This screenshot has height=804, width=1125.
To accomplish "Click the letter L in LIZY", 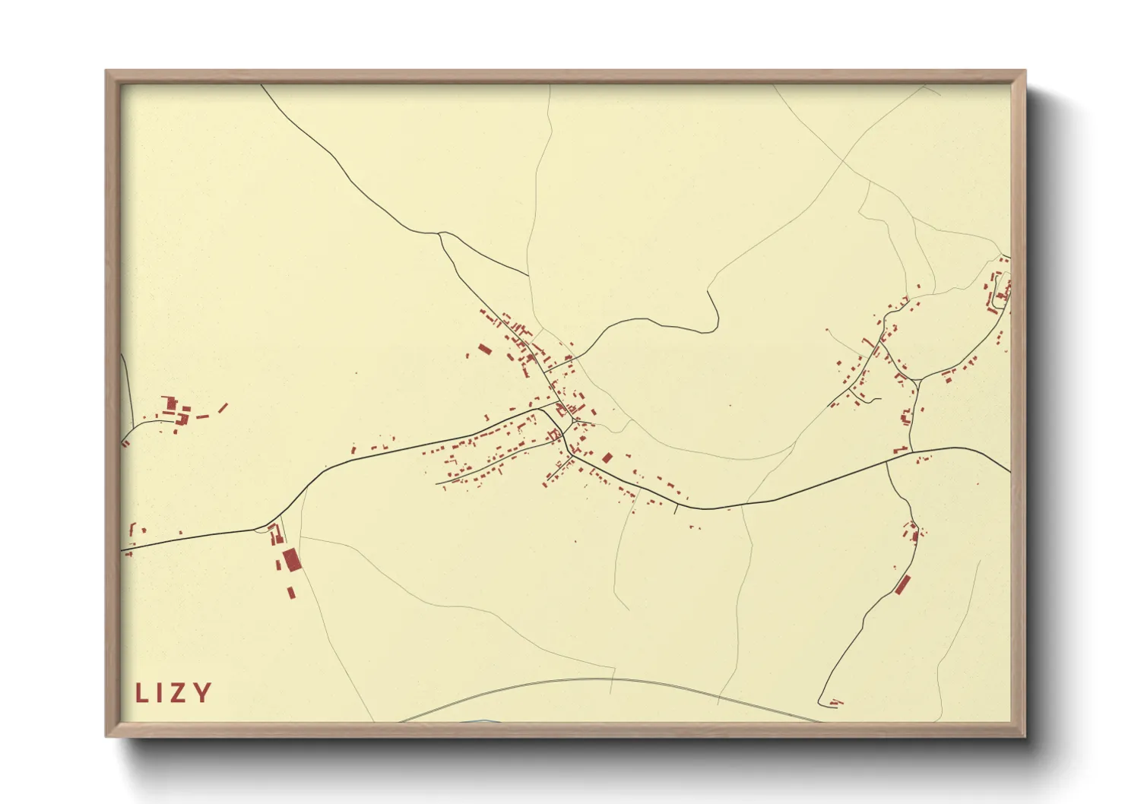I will [x=141, y=693].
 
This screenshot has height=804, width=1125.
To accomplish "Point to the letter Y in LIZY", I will [x=201, y=693].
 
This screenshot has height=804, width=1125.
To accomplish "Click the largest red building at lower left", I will [x=291, y=560].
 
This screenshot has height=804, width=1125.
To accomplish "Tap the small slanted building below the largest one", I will [x=290, y=592].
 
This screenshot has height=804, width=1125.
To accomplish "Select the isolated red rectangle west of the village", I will [x=484, y=350].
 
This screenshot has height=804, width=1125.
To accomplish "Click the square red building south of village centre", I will [x=607, y=457].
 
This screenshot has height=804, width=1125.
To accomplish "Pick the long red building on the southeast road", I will [x=902, y=584].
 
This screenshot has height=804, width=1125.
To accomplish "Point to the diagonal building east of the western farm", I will [x=223, y=408].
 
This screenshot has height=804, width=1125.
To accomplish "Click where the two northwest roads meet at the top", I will [x=439, y=233].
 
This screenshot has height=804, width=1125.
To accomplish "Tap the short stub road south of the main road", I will [x=675, y=508].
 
